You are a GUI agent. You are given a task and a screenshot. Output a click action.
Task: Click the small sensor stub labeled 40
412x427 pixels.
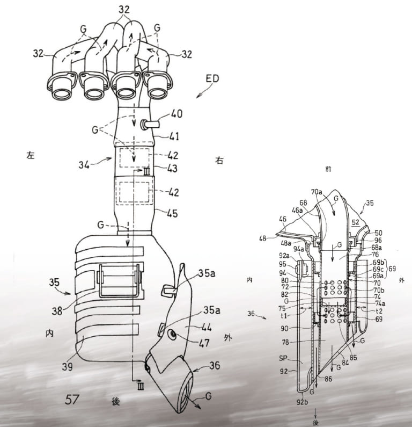click(x=151, y=125)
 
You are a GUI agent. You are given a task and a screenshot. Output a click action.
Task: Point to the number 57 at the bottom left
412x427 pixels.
click(x=73, y=399)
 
